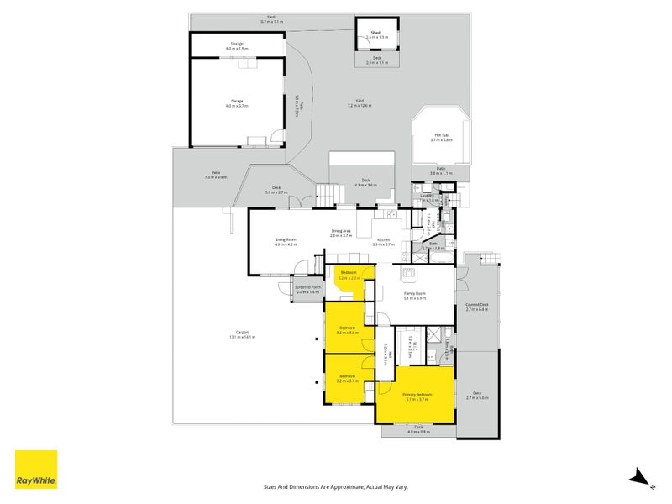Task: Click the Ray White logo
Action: [x=36, y=470]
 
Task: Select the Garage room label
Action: [x=237, y=101]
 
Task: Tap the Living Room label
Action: [x=286, y=239]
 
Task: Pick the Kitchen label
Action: [x=383, y=239]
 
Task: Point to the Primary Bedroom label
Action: [x=417, y=394]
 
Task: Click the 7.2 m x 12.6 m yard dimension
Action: [x=360, y=106]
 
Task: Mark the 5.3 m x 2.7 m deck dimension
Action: [x=276, y=192]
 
